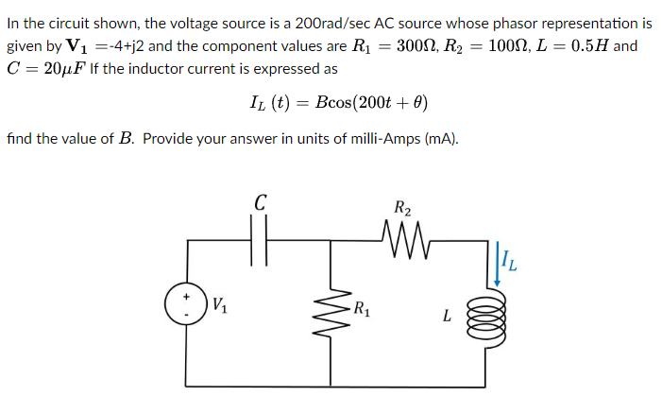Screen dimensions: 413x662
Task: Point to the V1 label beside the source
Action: [x=219, y=305]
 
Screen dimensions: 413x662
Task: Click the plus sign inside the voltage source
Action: [x=186, y=297]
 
